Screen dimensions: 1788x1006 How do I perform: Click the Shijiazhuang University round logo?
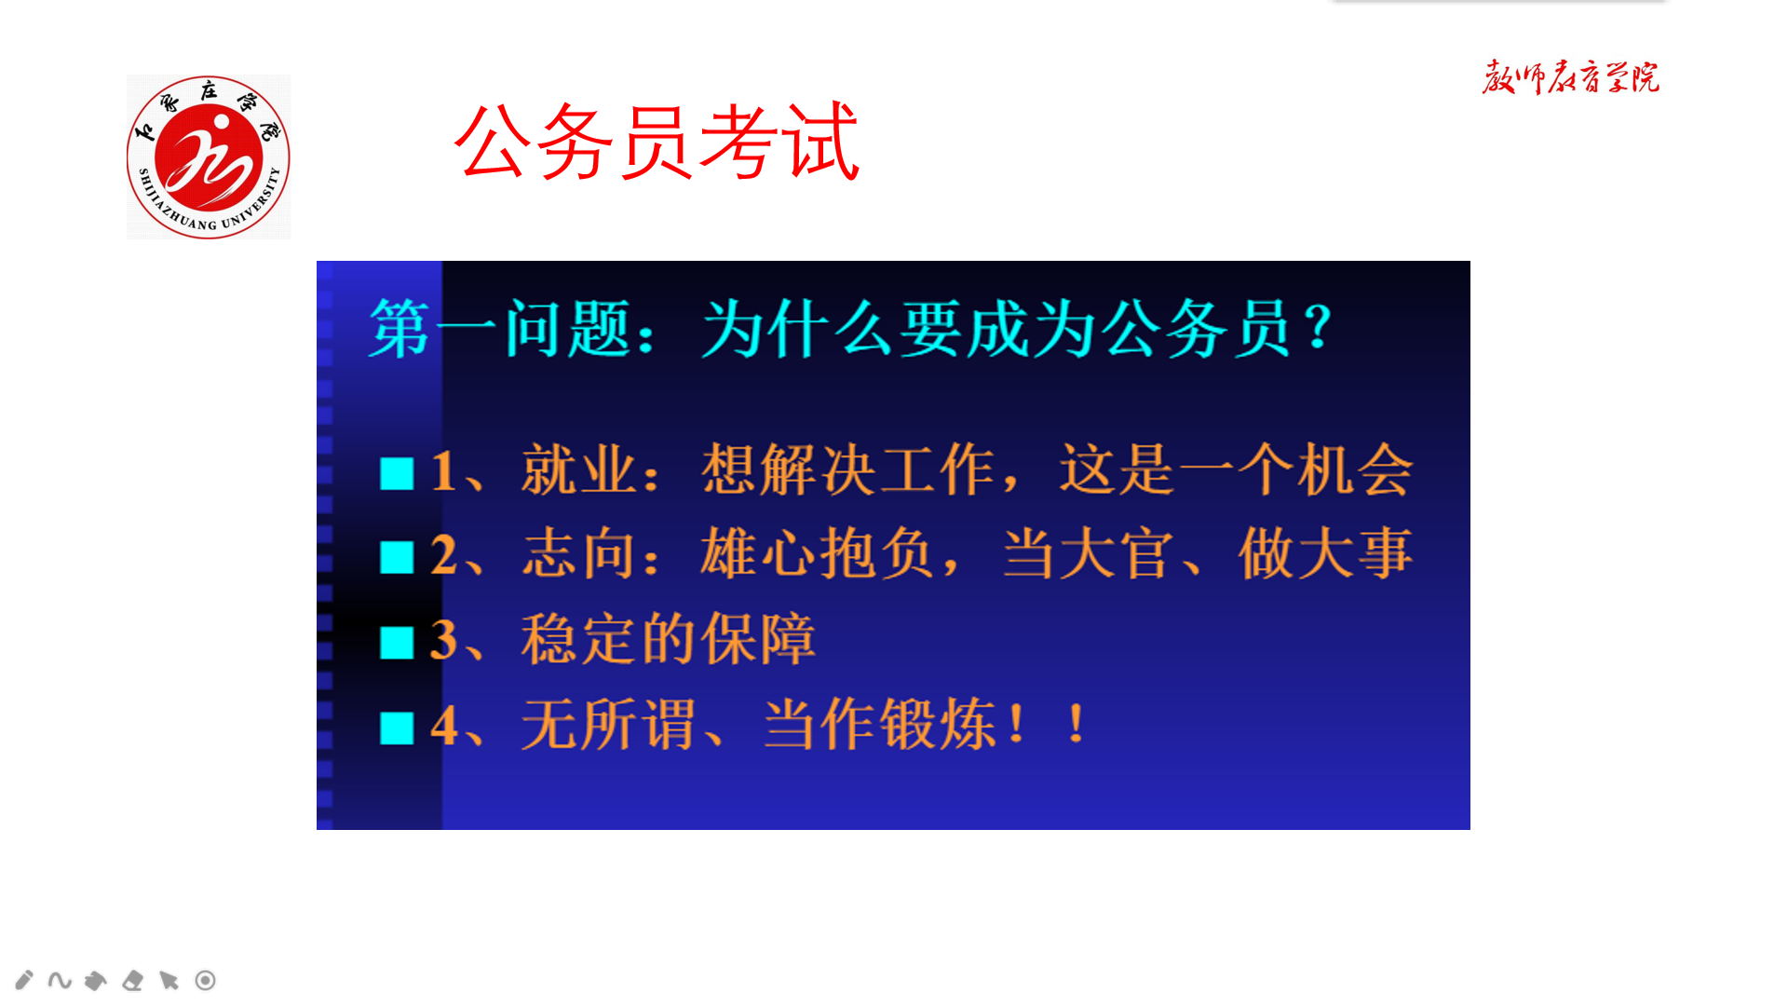pyautogui.click(x=209, y=156)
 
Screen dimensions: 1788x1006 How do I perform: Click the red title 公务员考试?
pyautogui.click(x=657, y=142)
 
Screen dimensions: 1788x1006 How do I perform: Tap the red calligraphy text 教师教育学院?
pyautogui.click(x=1571, y=77)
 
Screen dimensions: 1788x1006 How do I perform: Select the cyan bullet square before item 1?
pyautogui.click(x=397, y=473)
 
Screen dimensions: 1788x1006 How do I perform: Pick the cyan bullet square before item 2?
pyautogui.click(x=397, y=558)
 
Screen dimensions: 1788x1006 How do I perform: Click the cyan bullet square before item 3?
pyautogui.click(x=397, y=643)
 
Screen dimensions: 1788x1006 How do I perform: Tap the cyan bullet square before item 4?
pyautogui.click(x=397, y=728)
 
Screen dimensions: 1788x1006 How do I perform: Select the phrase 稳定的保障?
pyautogui.click(x=669, y=640)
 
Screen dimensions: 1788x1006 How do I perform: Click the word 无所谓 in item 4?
pyautogui.click(x=608, y=725)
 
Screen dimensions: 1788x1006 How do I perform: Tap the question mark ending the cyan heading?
pyautogui.click(x=1318, y=328)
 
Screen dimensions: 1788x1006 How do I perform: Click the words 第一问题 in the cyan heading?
pyautogui.click(x=500, y=329)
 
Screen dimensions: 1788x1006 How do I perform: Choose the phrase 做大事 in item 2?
pyautogui.click(x=1326, y=554)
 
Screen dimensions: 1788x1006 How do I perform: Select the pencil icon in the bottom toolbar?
pyautogui.click(x=24, y=980)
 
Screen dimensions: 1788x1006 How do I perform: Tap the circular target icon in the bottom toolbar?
pyautogui.click(x=206, y=980)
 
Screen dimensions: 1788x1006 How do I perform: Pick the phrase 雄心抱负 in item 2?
pyautogui.click(x=817, y=554)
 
